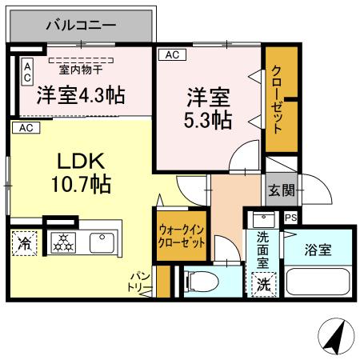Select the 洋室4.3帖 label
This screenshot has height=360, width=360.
80,95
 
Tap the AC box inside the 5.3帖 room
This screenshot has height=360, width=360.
170,54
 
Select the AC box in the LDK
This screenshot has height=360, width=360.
25,127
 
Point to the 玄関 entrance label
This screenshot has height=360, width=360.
280,190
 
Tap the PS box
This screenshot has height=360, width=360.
290,217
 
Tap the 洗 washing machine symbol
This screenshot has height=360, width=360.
263,283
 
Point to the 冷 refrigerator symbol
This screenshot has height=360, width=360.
24,243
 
